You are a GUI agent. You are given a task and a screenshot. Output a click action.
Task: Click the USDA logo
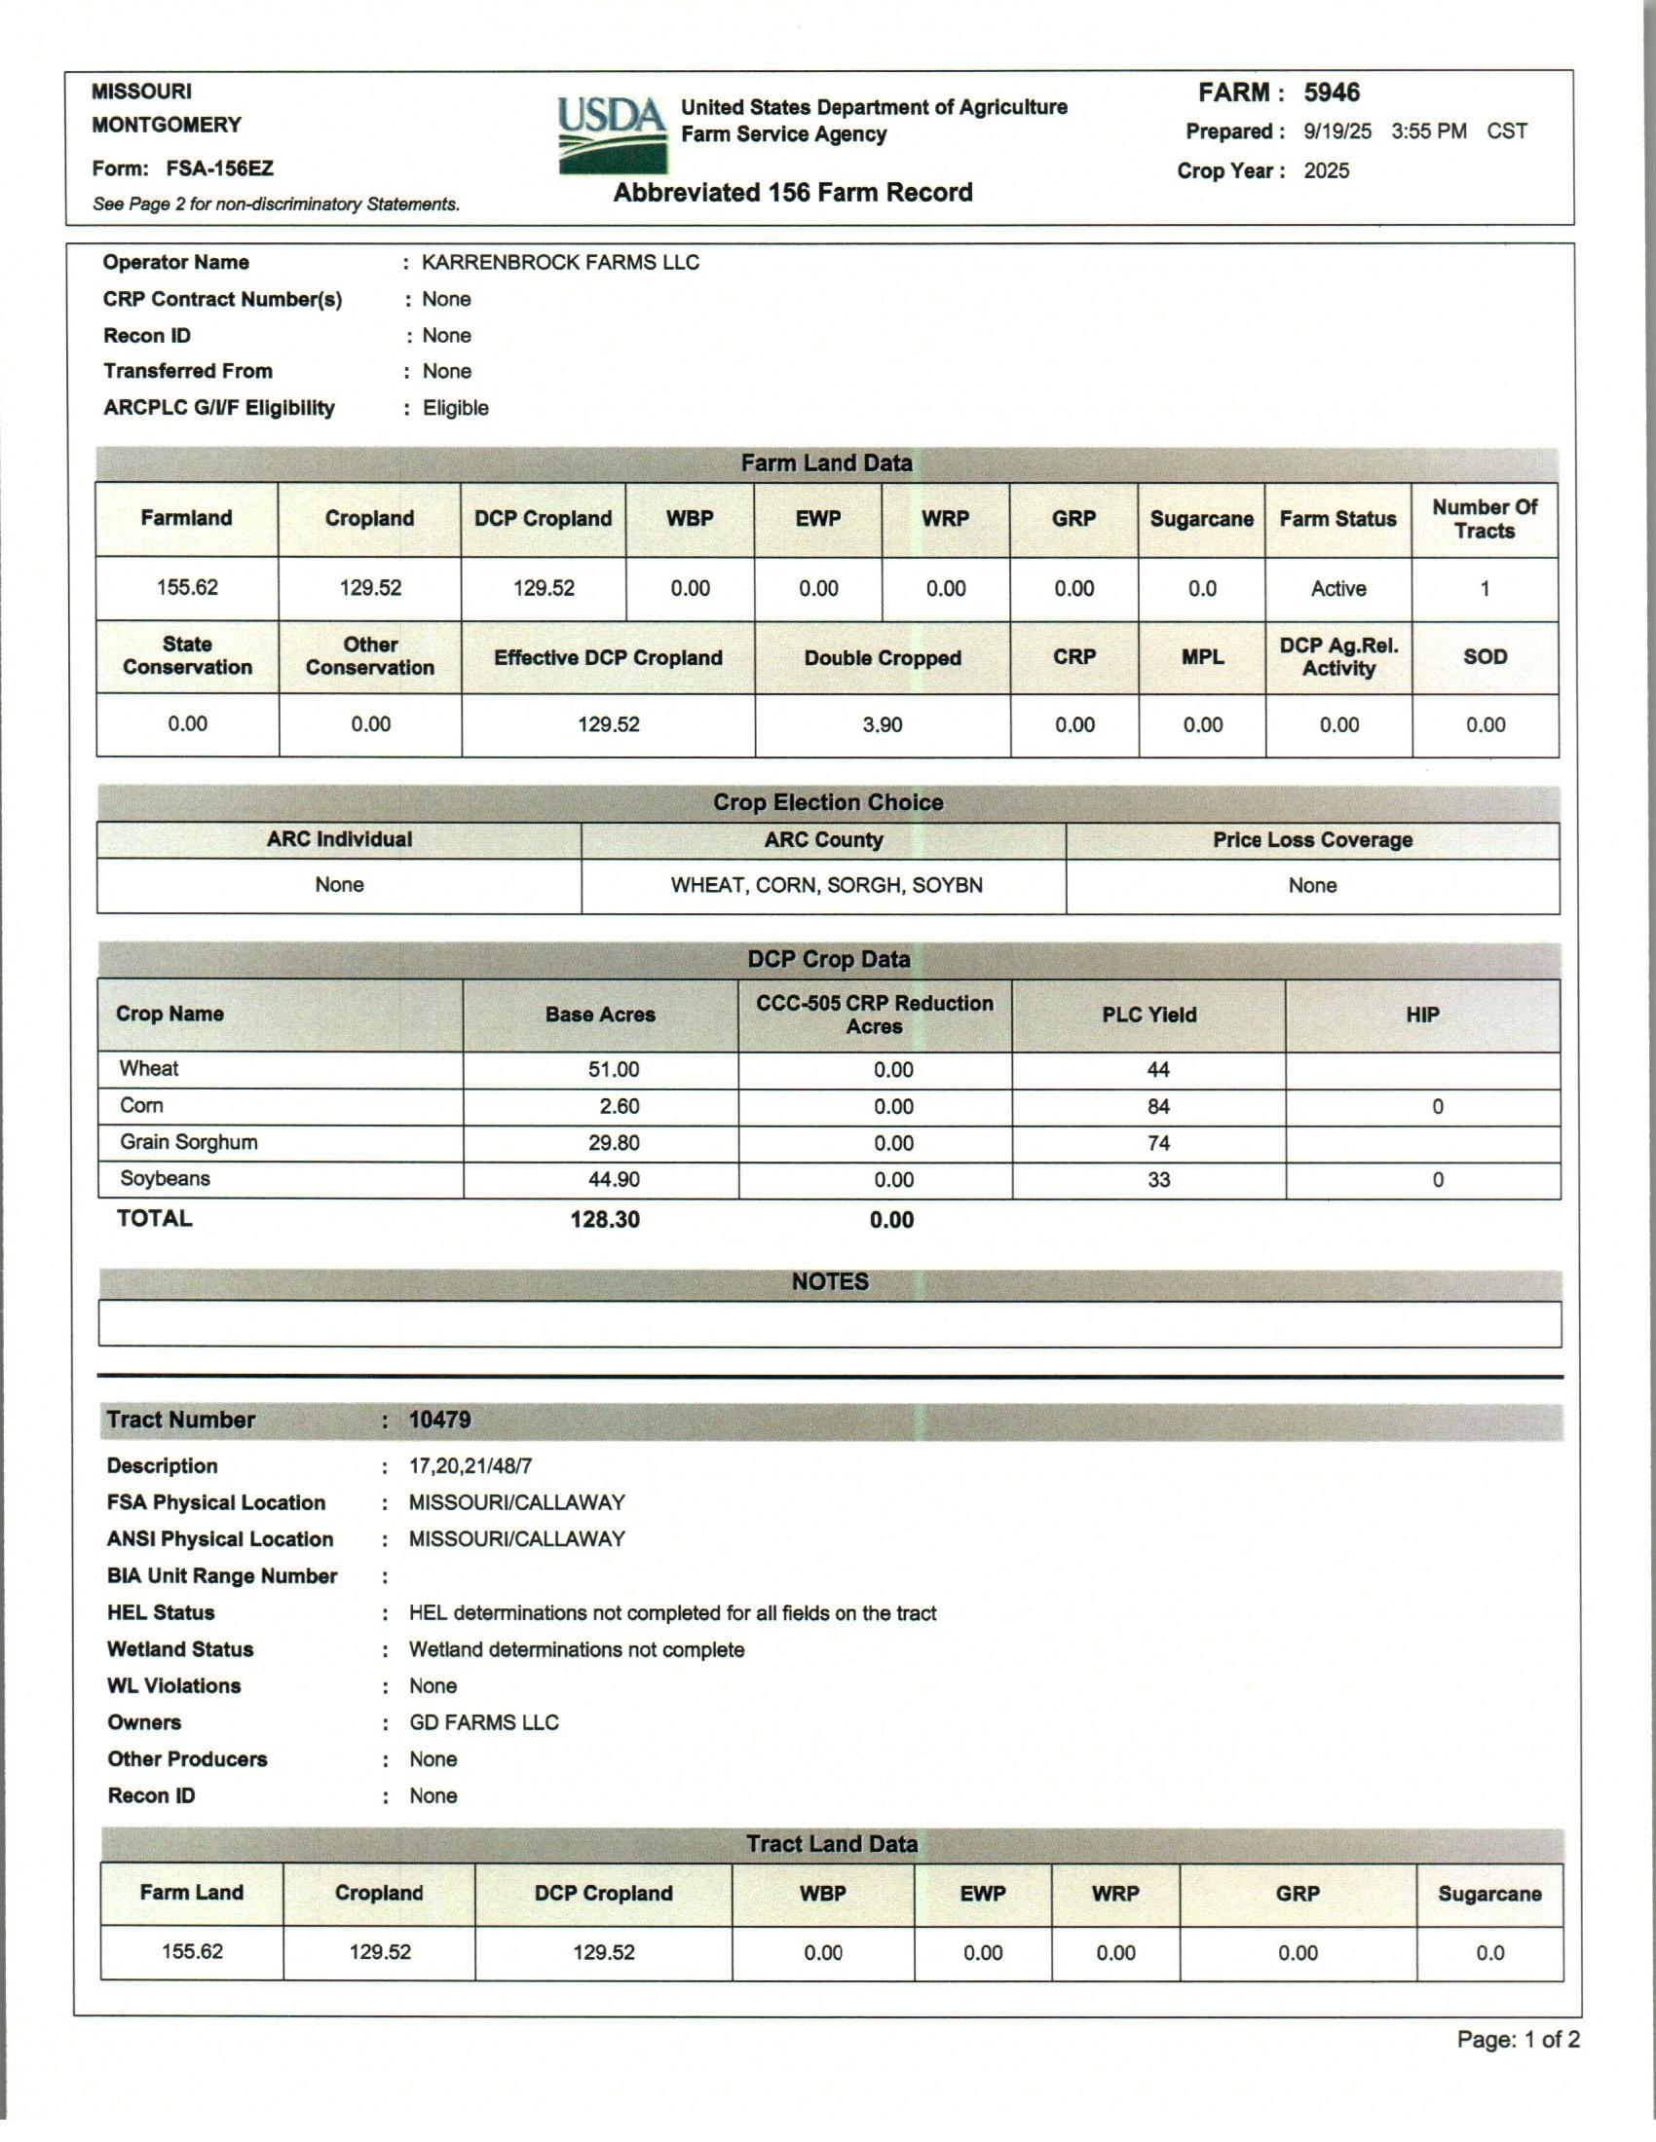click(610, 135)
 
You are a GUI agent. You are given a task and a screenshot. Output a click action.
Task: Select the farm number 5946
click(1332, 93)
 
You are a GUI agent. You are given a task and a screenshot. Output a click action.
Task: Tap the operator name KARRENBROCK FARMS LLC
click(560, 263)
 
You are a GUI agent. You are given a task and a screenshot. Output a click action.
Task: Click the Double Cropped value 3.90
click(882, 724)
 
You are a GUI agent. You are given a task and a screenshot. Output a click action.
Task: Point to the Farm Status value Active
click(1338, 588)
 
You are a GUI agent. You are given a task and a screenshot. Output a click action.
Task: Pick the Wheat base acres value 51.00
click(613, 1070)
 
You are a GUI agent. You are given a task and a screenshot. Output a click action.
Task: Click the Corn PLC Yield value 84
click(1158, 1107)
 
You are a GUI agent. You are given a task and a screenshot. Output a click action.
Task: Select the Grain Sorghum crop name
click(188, 1143)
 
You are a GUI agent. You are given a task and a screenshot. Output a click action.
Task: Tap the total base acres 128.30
click(604, 1220)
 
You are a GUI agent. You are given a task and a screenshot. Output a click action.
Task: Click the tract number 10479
click(439, 1421)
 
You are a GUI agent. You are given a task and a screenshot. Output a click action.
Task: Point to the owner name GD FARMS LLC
click(484, 1723)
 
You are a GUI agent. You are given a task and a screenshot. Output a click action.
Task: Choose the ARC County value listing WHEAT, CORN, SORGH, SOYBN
click(826, 886)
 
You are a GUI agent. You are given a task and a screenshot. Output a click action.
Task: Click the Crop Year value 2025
click(1327, 170)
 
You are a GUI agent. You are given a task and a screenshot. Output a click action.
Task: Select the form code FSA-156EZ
click(220, 168)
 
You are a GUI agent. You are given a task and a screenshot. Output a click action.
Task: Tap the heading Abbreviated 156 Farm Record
click(793, 193)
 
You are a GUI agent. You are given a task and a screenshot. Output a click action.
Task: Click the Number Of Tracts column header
click(1485, 519)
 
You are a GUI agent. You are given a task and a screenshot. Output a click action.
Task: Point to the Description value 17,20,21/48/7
click(470, 1466)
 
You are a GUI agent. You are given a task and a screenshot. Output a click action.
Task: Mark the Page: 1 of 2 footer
click(1518, 2040)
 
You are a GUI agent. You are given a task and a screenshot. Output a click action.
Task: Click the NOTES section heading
click(830, 1282)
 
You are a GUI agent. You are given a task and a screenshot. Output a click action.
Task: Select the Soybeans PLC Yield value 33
click(1158, 1180)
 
